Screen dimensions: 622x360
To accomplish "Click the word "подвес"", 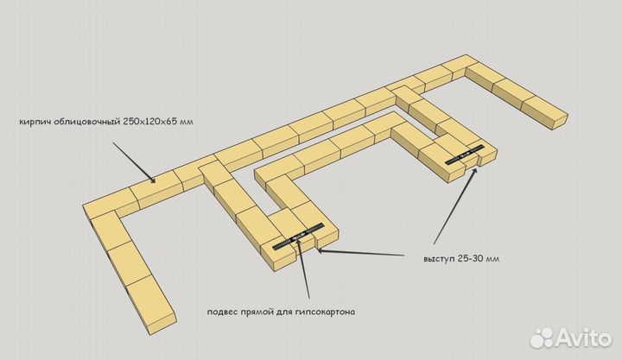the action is tap(222, 312).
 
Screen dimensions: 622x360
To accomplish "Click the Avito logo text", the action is tap(583, 338).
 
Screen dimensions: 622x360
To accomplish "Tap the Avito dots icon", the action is tap(542, 338).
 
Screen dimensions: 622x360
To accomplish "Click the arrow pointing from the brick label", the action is tap(134, 162).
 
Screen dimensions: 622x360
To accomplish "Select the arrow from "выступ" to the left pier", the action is tap(360, 253).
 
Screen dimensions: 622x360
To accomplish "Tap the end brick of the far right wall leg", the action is tap(544, 112).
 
